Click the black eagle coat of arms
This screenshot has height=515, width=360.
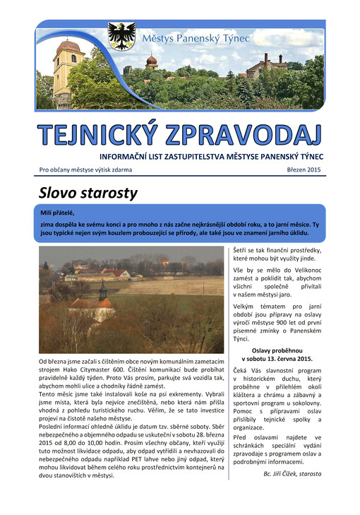click(x=121, y=36)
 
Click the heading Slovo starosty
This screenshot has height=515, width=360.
click(x=88, y=193)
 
